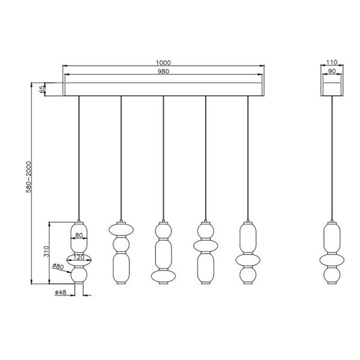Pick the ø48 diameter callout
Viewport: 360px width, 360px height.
[60, 293]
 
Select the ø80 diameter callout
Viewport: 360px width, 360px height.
[58, 266]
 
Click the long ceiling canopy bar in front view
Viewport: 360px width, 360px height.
[163, 89]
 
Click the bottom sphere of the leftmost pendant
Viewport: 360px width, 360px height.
[79, 277]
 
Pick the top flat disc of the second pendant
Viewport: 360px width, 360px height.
[121, 229]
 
